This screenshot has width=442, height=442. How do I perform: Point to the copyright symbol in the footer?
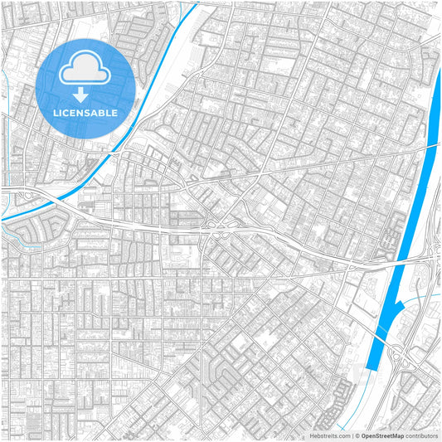[x=356, y=435]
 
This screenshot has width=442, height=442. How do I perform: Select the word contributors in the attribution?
[x=422, y=435]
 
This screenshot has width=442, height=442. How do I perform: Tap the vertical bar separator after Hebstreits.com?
[x=351, y=435]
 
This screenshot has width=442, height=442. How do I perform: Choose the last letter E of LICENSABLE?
[x=114, y=113]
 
